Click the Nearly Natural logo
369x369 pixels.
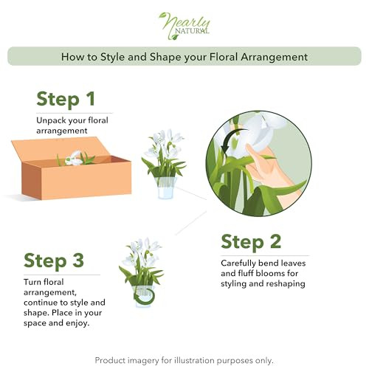pos(184,24)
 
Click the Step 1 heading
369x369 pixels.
pos(66,99)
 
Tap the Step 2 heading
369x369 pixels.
pos(250,241)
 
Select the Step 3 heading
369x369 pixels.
pos(53,261)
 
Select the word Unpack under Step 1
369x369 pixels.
pos(52,120)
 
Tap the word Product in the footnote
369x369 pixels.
pos(111,360)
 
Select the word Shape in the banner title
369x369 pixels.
pos(165,57)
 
